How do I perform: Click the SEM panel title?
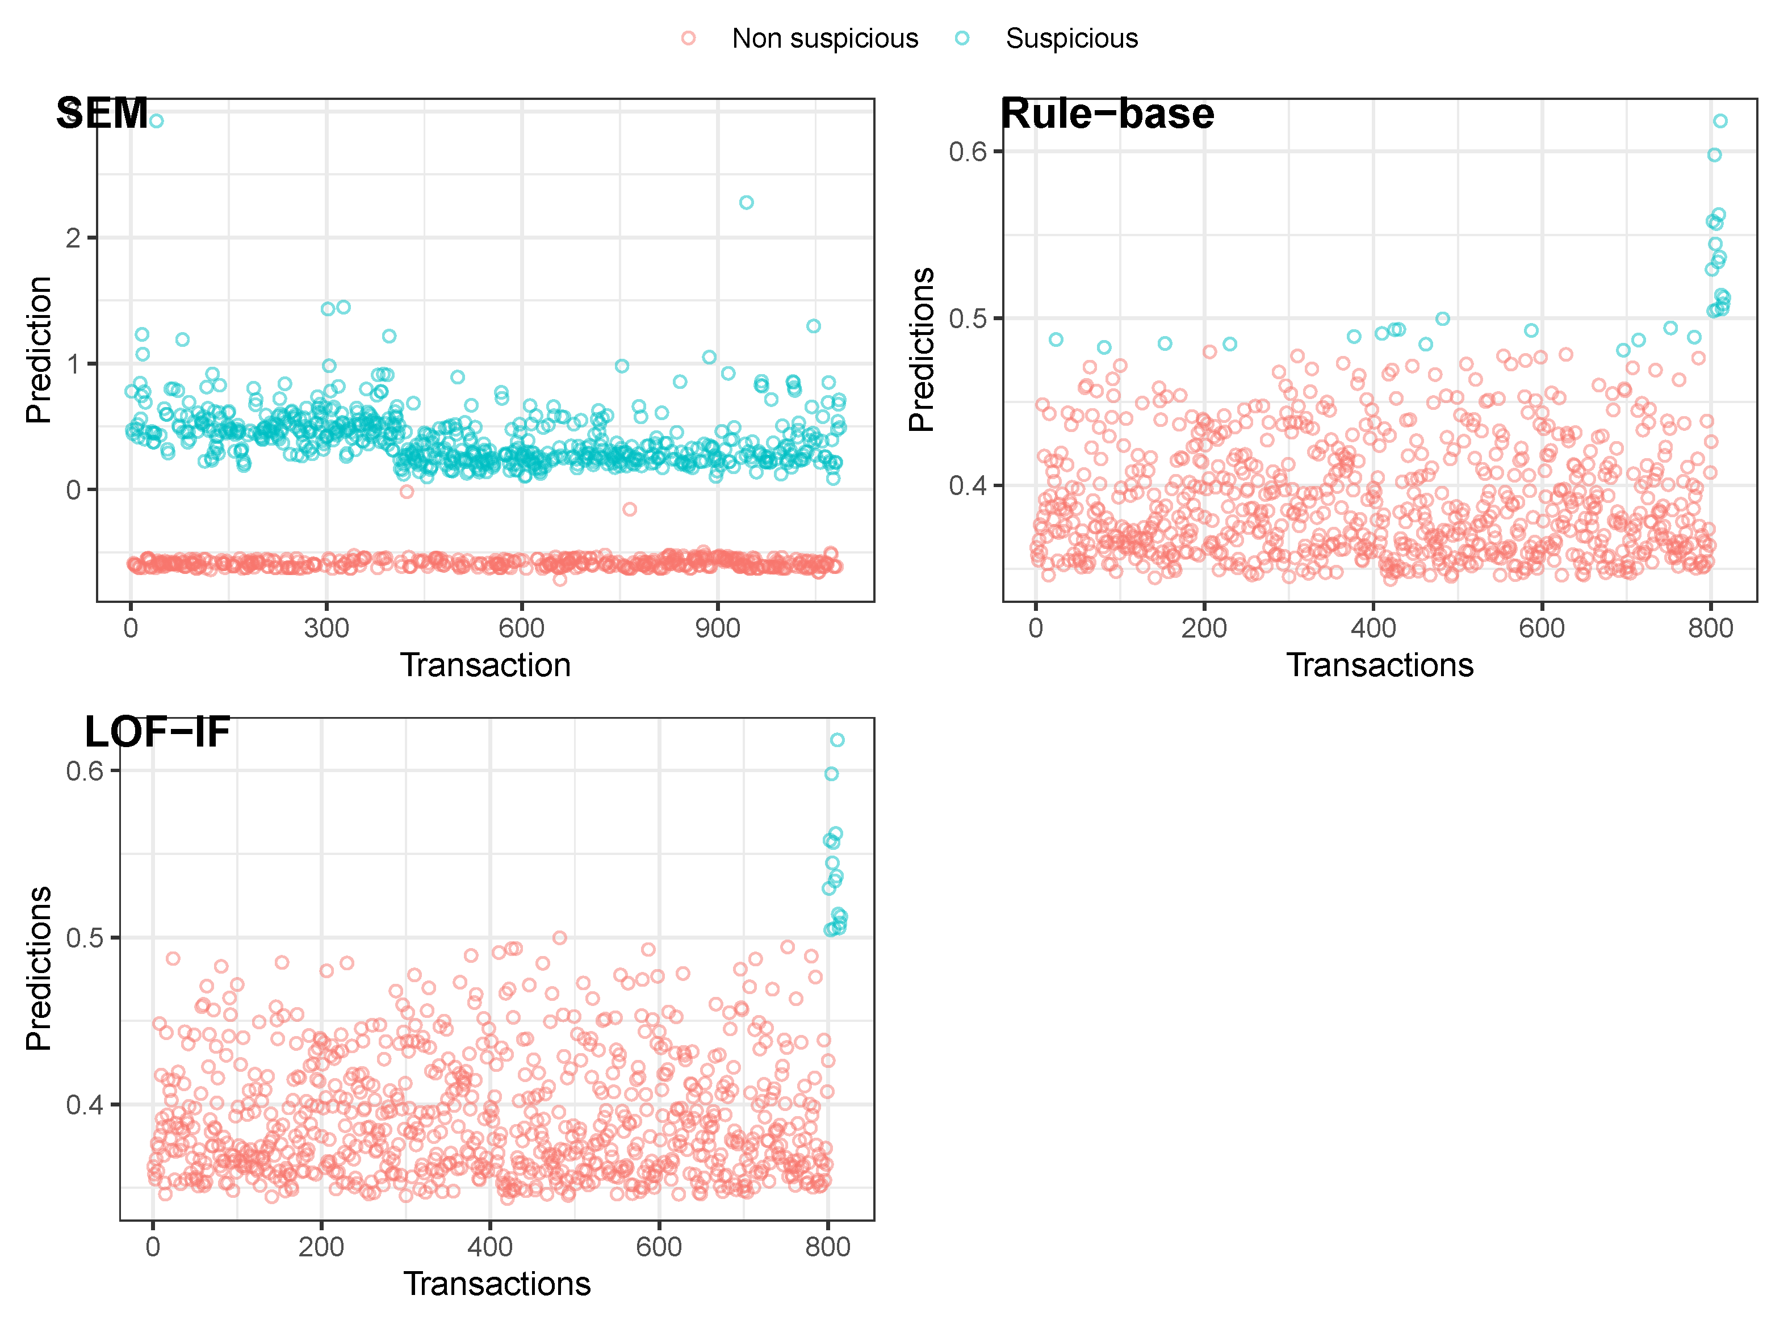pos(102,113)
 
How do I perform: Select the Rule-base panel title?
pos(1107,113)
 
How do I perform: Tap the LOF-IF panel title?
pos(157,732)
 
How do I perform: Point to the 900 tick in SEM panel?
pos(717,628)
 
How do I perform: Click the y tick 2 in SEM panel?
pos(73,238)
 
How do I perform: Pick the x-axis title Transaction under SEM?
pos(485,665)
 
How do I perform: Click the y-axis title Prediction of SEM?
pos(38,350)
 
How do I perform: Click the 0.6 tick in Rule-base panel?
pos(968,152)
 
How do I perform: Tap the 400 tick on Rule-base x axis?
pos(1374,628)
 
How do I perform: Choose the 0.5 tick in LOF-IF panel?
pos(85,938)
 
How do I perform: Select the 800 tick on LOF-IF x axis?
pos(827,1247)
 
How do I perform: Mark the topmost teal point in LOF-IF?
pos(837,740)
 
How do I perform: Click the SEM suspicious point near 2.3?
pos(746,203)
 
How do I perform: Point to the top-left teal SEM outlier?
pos(157,121)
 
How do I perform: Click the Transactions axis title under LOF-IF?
pos(496,1284)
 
